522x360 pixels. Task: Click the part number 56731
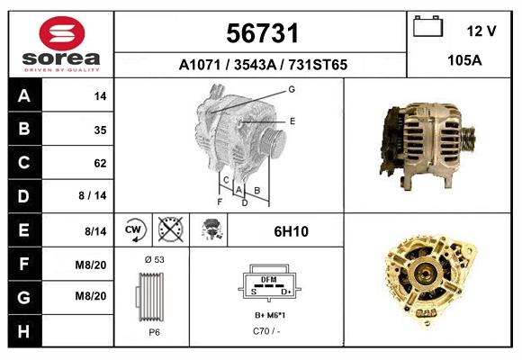point(261,34)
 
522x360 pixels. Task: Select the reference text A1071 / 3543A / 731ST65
point(263,66)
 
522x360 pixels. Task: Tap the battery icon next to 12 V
point(427,28)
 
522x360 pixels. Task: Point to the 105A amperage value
point(464,61)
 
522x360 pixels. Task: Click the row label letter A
point(23,96)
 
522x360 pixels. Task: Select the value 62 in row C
point(100,164)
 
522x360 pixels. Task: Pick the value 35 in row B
point(100,130)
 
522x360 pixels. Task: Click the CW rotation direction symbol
point(134,230)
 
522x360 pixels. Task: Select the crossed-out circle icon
point(169,230)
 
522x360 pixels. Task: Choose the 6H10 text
point(291,231)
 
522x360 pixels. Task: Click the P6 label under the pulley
point(154,332)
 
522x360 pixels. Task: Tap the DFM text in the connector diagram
point(268,280)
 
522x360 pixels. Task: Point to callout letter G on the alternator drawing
point(292,89)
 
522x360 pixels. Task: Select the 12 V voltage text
point(481,31)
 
